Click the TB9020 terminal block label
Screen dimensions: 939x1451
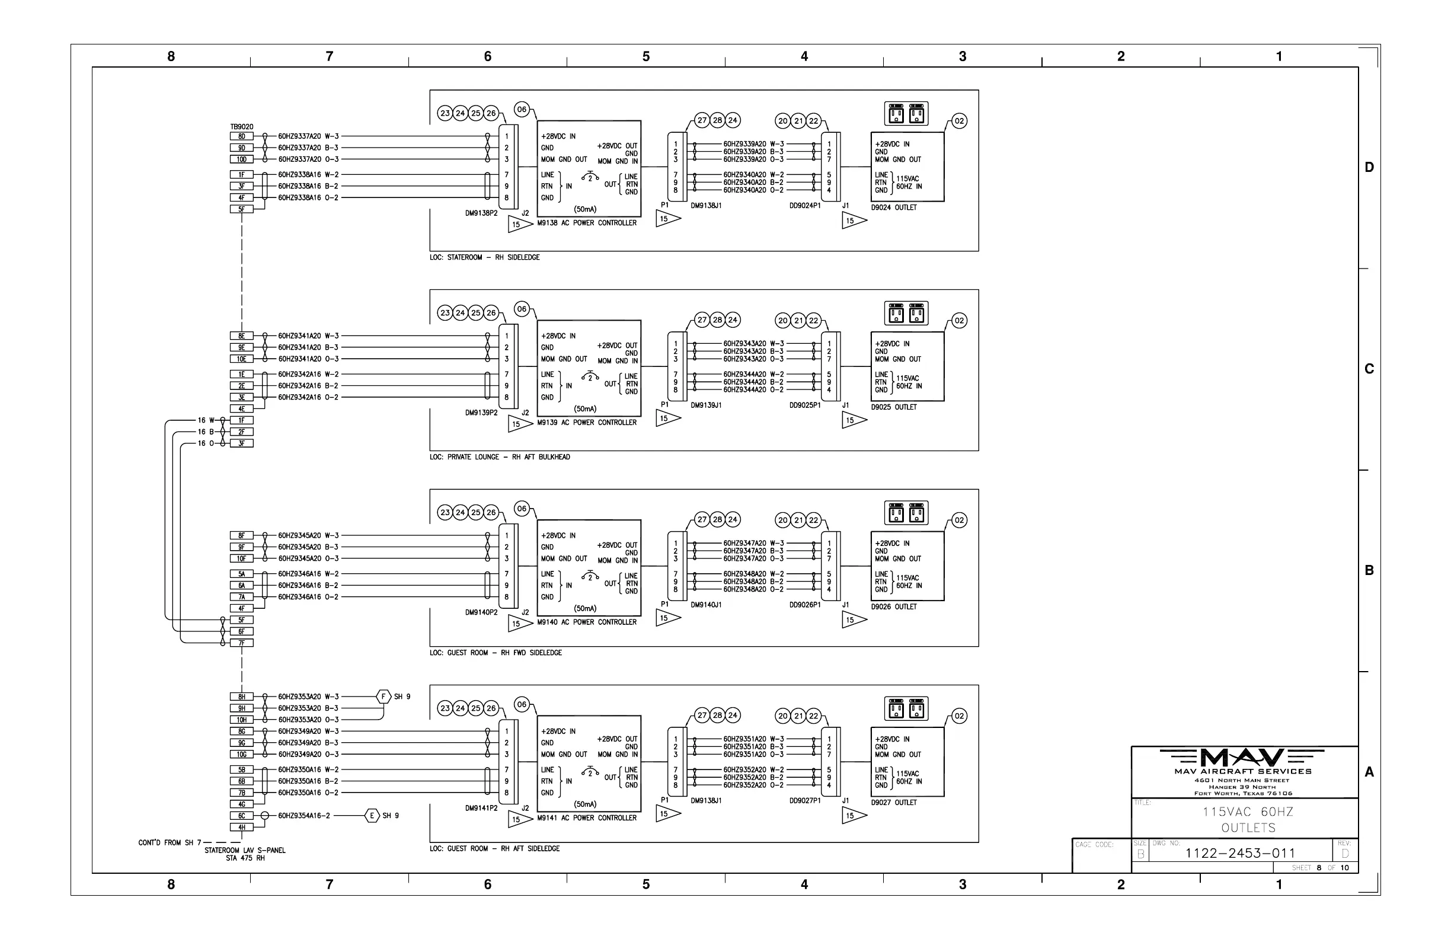pyautogui.click(x=241, y=127)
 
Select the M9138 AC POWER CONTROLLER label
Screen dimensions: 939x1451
pyautogui.click(x=586, y=223)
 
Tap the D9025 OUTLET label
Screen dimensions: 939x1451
pyautogui.click(x=894, y=407)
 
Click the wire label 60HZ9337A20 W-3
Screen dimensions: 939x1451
pyautogui.click(x=308, y=136)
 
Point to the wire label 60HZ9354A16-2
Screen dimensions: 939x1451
pyautogui.click(x=303, y=816)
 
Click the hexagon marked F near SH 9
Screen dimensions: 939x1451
pyautogui.click(x=383, y=697)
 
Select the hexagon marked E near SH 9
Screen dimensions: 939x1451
pyautogui.click(x=372, y=816)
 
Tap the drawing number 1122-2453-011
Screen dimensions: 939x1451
pyautogui.click(x=1240, y=853)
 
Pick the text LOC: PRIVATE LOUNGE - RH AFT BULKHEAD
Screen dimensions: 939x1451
pyautogui.click(x=499, y=457)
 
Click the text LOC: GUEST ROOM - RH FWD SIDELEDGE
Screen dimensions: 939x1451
pyautogui.click(x=496, y=653)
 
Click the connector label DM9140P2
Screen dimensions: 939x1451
pyautogui.click(x=482, y=612)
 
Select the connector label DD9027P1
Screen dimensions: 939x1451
pyautogui.click(x=805, y=801)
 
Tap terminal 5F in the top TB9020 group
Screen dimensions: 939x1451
pyautogui.click(x=241, y=209)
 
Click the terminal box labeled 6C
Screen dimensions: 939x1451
pyautogui.click(x=241, y=816)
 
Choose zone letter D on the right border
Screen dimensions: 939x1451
pyautogui.click(x=1369, y=167)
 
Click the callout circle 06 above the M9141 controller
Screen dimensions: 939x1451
pyautogui.click(x=522, y=704)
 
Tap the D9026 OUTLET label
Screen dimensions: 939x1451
pyautogui.click(x=894, y=606)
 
